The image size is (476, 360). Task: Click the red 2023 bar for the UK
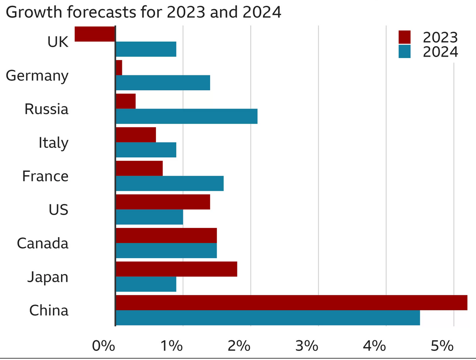click(x=95, y=34)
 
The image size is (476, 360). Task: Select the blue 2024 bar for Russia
click(x=186, y=116)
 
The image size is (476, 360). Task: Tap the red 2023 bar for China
click(x=291, y=302)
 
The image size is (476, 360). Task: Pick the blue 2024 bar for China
click(x=268, y=318)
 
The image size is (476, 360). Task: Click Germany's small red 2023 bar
click(x=119, y=68)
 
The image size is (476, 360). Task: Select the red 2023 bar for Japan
click(x=176, y=269)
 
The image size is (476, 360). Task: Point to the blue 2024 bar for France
click(x=169, y=183)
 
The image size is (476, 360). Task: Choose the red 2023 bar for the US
click(x=163, y=202)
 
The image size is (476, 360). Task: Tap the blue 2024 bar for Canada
click(x=166, y=251)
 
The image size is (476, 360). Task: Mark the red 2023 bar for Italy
click(x=136, y=135)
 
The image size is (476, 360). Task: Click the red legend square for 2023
click(x=405, y=37)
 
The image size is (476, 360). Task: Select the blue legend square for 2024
click(x=405, y=51)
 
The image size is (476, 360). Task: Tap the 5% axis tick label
click(x=442, y=346)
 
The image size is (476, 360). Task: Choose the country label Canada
click(x=43, y=243)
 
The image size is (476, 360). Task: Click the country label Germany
click(x=37, y=76)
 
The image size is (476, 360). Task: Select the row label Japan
click(x=48, y=277)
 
